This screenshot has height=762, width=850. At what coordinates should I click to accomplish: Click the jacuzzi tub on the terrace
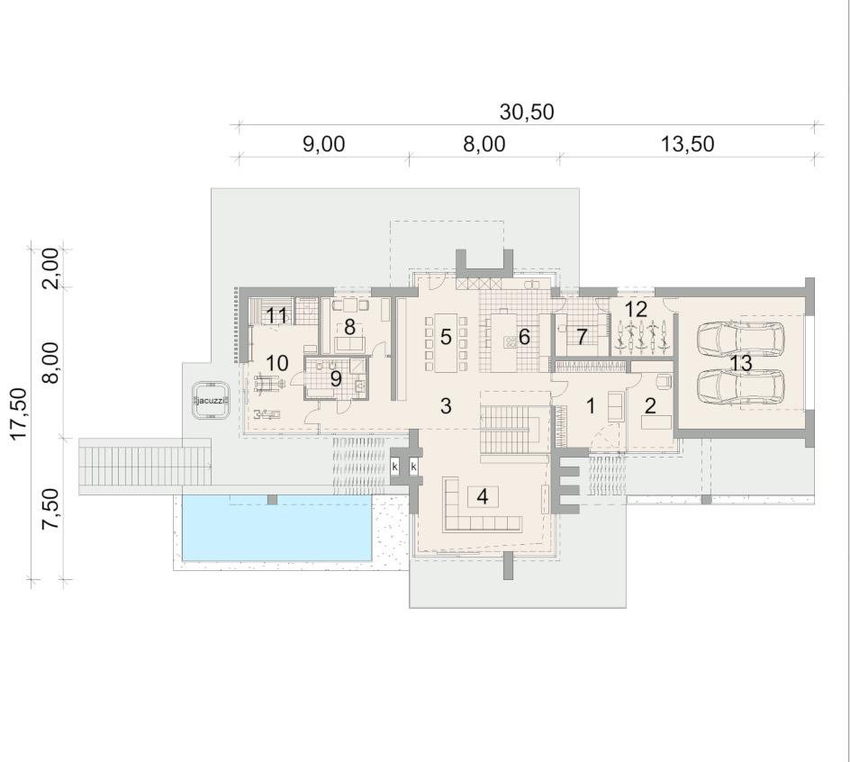tap(211, 400)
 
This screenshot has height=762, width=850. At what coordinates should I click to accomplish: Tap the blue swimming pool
tap(277, 528)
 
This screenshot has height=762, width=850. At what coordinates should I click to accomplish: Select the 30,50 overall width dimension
tap(527, 112)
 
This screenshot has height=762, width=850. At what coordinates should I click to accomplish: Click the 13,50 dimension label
tap(687, 144)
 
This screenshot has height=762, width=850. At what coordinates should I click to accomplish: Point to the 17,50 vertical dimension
tap(20, 413)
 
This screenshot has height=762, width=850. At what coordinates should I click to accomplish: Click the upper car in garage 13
tap(740, 339)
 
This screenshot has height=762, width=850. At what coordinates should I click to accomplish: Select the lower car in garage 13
tap(740, 387)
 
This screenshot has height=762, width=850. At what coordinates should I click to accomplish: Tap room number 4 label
tap(483, 496)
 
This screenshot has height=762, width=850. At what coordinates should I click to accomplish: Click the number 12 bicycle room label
tap(636, 309)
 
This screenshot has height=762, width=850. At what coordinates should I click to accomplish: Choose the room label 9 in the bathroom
tap(336, 379)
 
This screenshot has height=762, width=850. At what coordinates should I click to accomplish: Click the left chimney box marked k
tap(395, 466)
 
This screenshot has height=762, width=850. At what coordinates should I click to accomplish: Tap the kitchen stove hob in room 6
tap(511, 341)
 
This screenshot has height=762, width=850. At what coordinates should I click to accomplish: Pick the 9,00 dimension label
tap(323, 144)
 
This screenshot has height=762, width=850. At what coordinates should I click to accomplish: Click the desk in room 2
tap(656, 422)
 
